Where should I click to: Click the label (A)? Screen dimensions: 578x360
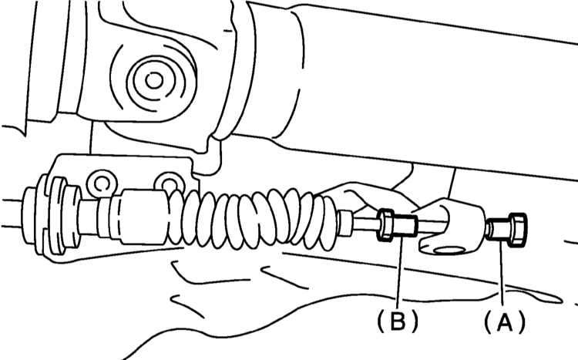tap(504, 321)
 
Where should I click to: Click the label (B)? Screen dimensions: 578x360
tap(398, 320)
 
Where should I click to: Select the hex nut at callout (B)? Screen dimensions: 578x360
tap(385, 225)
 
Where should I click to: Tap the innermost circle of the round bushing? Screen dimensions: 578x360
tap(154, 81)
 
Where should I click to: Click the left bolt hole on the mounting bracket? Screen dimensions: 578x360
tap(102, 183)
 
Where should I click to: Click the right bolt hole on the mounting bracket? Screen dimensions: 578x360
tap(170, 183)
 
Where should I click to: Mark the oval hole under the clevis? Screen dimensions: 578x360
tap(449, 251)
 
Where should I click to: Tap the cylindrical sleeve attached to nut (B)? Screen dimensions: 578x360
tap(405, 226)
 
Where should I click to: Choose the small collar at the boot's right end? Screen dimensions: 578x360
tap(344, 223)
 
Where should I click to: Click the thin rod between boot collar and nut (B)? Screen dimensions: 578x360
tap(365, 224)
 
